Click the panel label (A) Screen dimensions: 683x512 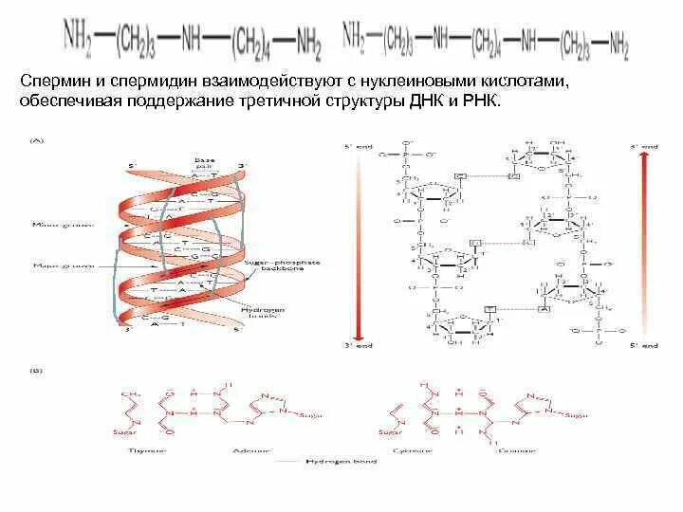37,139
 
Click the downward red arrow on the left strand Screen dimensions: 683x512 356,247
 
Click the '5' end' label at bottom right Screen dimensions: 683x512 646,346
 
